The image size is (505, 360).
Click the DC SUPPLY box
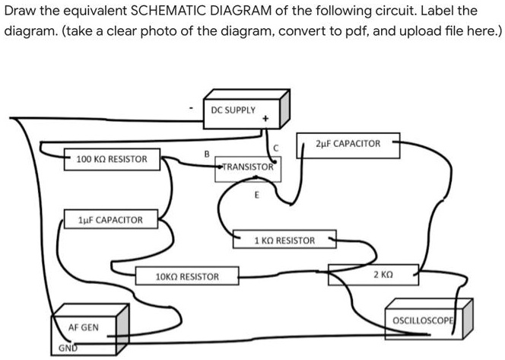(x=240, y=113)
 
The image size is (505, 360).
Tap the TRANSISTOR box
(x=247, y=169)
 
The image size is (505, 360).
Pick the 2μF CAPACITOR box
(x=347, y=145)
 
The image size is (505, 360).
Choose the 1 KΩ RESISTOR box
(x=284, y=241)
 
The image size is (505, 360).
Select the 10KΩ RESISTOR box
(x=186, y=276)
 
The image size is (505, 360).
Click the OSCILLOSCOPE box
(x=422, y=319)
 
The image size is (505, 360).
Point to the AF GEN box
(x=84, y=328)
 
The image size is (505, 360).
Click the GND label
(x=68, y=349)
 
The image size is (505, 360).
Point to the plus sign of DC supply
(x=265, y=119)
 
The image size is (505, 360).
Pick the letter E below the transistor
(x=256, y=195)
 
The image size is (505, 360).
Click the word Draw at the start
(x=21, y=11)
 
